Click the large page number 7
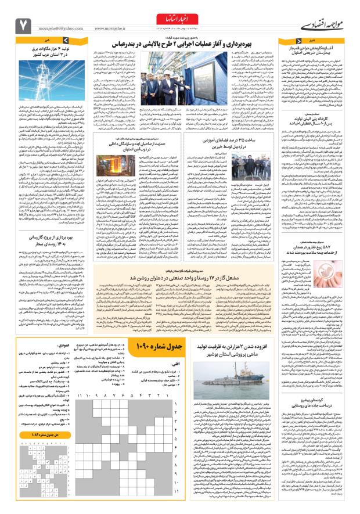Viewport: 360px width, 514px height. pyautogui.click(x=23, y=23)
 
